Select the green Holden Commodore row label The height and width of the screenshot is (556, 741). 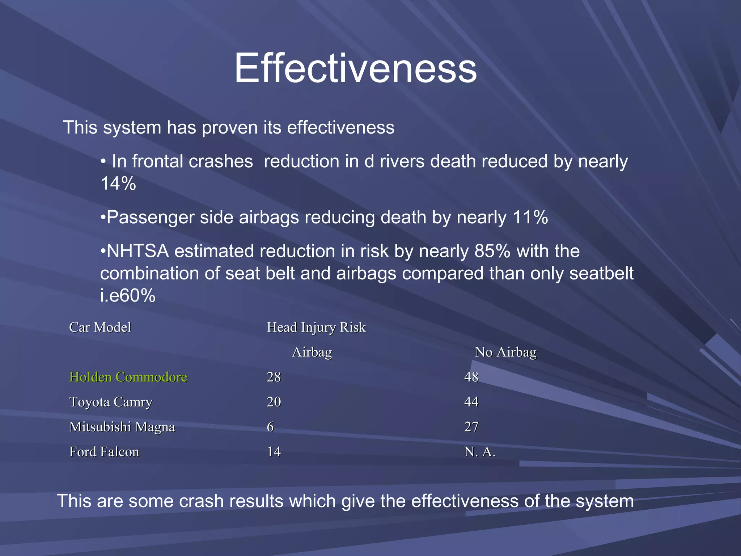point(128,377)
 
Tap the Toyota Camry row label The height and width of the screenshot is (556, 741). point(111,402)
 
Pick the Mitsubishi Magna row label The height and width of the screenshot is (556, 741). point(122,427)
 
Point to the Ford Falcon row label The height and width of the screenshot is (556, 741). point(104,452)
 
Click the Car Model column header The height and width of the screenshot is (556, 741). point(100,327)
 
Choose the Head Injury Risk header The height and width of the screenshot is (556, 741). point(316,327)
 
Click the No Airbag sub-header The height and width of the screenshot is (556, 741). point(505,352)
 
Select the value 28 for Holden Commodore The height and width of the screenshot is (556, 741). point(274,377)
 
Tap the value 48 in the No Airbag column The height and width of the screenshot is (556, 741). point(471,377)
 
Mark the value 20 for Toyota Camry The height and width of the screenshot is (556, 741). point(274,402)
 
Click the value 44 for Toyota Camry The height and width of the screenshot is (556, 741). point(471,402)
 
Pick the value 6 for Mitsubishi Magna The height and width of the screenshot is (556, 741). point(270,427)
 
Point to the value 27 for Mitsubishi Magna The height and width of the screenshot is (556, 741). point(471,427)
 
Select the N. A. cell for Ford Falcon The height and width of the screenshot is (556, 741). point(480,452)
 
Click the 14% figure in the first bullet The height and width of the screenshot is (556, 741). point(118,184)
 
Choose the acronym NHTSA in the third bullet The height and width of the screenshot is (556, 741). point(138,251)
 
